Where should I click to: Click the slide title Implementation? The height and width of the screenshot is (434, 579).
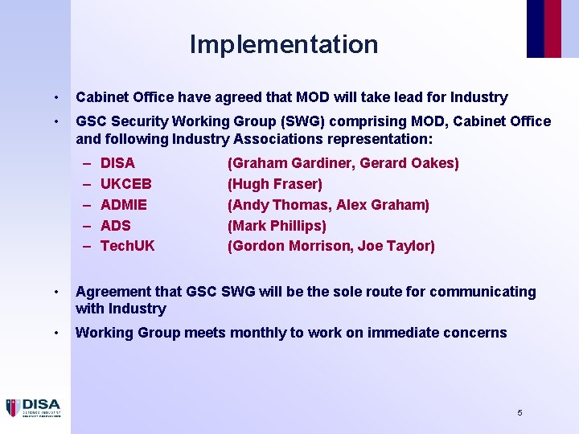(x=284, y=44)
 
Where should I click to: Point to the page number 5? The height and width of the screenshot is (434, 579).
(x=519, y=412)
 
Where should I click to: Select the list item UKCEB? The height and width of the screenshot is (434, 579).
(x=125, y=184)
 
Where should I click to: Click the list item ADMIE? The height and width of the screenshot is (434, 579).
(x=124, y=205)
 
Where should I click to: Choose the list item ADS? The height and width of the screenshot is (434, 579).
(x=116, y=226)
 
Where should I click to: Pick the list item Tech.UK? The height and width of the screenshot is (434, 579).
(x=128, y=246)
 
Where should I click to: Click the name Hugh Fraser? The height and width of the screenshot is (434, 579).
(x=275, y=184)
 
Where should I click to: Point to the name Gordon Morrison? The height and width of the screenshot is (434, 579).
(x=293, y=246)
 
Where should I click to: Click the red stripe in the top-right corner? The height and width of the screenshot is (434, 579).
(x=552, y=28)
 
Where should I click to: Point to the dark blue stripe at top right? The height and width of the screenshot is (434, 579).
(x=535, y=28)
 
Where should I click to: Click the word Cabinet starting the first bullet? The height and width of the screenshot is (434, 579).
(x=102, y=97)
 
